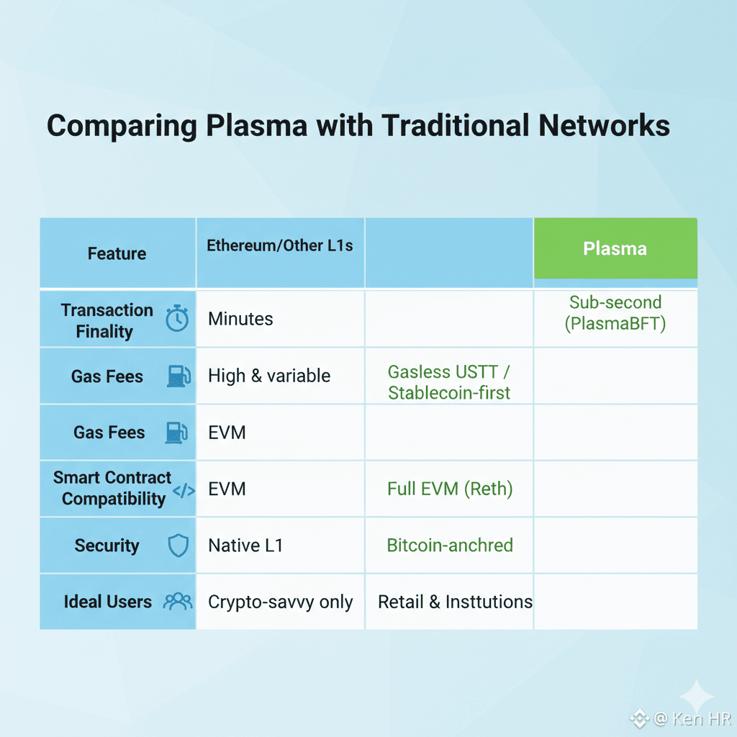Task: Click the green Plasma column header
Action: click(615, 249)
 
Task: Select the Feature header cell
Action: click(117, 253)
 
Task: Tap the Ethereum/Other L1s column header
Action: click(280, 245)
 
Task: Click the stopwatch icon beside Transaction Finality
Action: click(177, 318)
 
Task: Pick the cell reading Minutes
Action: click(240, 319)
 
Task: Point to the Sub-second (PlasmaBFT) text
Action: click(615, 313)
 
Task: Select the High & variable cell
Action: click(269, 376)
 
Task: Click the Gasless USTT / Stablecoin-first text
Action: click(449, 382)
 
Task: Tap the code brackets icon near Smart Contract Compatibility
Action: click(184, 491)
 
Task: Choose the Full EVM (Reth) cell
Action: click(450, 489)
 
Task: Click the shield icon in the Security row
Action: click(178, 546)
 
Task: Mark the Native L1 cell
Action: click(245, 546)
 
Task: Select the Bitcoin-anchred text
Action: click(450, 545)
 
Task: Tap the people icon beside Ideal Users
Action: click(178, 602)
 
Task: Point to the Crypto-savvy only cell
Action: click(280, 602)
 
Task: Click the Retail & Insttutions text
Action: click(455, 602)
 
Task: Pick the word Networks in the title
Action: click(598, 126)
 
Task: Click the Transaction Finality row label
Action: click(107, 320)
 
